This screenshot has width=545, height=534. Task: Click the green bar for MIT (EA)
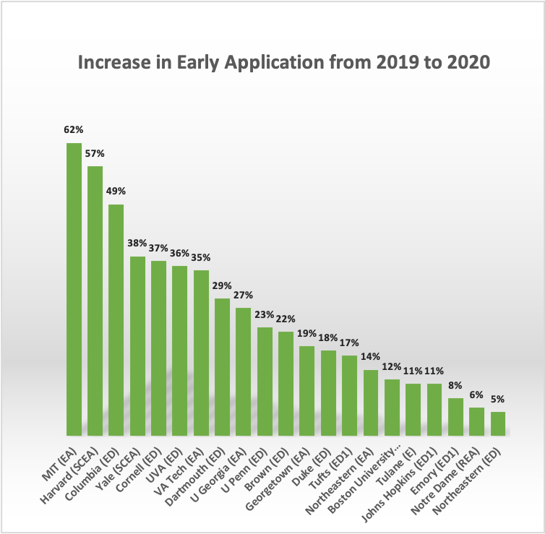coord(74,289)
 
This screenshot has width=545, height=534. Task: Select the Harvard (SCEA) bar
coord(95,301)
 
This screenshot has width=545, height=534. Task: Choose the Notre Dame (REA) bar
coord(476,421)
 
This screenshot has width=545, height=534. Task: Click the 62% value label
coord(74,130)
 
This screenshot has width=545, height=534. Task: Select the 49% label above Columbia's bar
coord(116,191)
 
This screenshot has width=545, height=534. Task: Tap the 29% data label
coord(222,285)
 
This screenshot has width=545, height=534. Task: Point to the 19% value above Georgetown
coord(307,333)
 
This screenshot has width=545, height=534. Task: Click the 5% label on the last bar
coord(498,399)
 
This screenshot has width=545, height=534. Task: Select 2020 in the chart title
coord(469,64)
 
